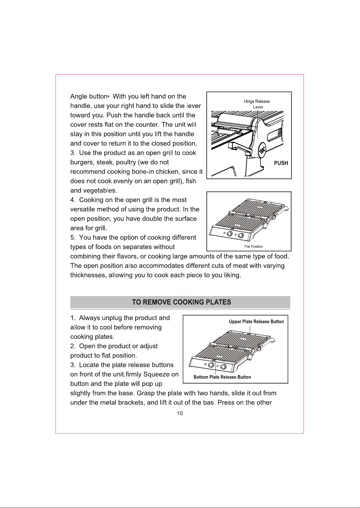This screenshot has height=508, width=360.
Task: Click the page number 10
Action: (180, 413)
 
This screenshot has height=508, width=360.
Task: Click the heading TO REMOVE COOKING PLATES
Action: (182, 302)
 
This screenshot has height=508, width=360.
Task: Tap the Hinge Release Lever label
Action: (257, 104)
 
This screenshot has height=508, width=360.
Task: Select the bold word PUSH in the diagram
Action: (281, 163)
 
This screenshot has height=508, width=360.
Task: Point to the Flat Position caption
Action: (253, 247)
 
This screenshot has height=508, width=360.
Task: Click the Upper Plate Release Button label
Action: (256, 322)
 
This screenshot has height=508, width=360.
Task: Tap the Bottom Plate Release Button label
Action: (222, 377)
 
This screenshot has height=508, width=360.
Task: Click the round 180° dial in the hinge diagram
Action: (263, 150)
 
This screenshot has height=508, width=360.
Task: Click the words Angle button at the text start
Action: (88, 96)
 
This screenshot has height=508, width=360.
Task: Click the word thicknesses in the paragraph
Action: (88, 275)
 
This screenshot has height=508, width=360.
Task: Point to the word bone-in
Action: (143, 172)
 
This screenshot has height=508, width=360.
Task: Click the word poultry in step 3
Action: (126, 162)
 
